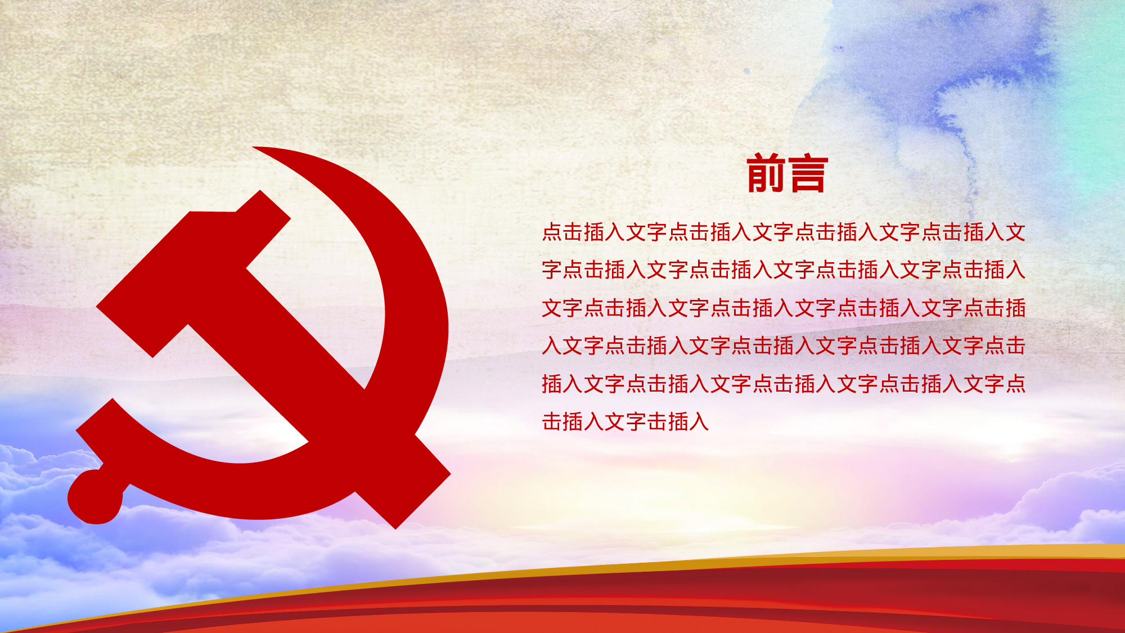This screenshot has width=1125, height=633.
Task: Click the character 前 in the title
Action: click(x=766, y=173)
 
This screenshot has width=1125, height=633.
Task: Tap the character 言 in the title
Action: click(x=808, y=173)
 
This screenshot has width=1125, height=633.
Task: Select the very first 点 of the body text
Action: click(x=552, y=232)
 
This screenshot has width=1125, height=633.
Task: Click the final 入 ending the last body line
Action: click(x=699, y=421)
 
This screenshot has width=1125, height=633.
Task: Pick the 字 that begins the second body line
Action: click(x=552, y=270)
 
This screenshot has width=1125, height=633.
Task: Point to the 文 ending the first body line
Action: click(x=1015, y=232)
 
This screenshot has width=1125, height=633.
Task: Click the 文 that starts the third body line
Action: click(x=552, y=308)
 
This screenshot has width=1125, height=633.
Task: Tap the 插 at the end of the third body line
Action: click(x=1015, y=308)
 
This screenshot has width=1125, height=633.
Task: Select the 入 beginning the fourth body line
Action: click(x=552, y=345)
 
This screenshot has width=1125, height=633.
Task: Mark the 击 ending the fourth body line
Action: click(x=1015, y=345)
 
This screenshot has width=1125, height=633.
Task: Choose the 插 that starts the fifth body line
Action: click(x=552, y=384)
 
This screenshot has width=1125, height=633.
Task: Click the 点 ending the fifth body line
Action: click(x=1015, y=384)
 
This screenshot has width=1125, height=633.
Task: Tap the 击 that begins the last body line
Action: click(x=552, y=421)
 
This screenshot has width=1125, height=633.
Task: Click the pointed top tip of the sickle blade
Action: click(x=256, y=149)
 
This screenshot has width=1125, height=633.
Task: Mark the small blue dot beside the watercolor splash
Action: click(x=746, y=71)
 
